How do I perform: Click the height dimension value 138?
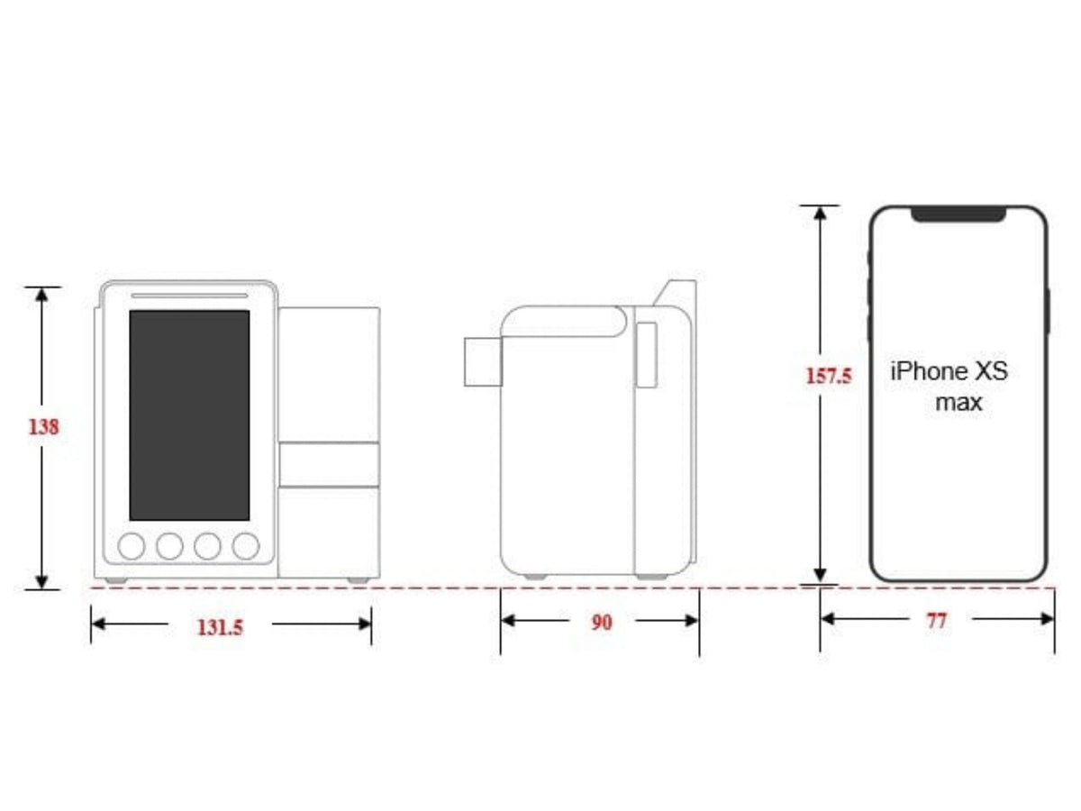43,427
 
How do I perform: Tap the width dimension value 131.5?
220,627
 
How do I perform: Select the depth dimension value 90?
601,622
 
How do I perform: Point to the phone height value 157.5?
828,375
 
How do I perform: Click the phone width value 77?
937,620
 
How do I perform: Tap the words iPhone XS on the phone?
949,371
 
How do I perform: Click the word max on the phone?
958,402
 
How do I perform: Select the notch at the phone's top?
958,214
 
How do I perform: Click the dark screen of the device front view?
189,415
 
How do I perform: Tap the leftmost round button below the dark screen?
132,545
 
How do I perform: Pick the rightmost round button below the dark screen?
245,545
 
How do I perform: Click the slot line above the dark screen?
189,295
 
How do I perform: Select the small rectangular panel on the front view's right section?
328,464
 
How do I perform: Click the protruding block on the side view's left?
482,361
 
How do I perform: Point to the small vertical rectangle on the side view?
646,355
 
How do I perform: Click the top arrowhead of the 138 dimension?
41,294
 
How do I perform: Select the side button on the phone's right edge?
1049,311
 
